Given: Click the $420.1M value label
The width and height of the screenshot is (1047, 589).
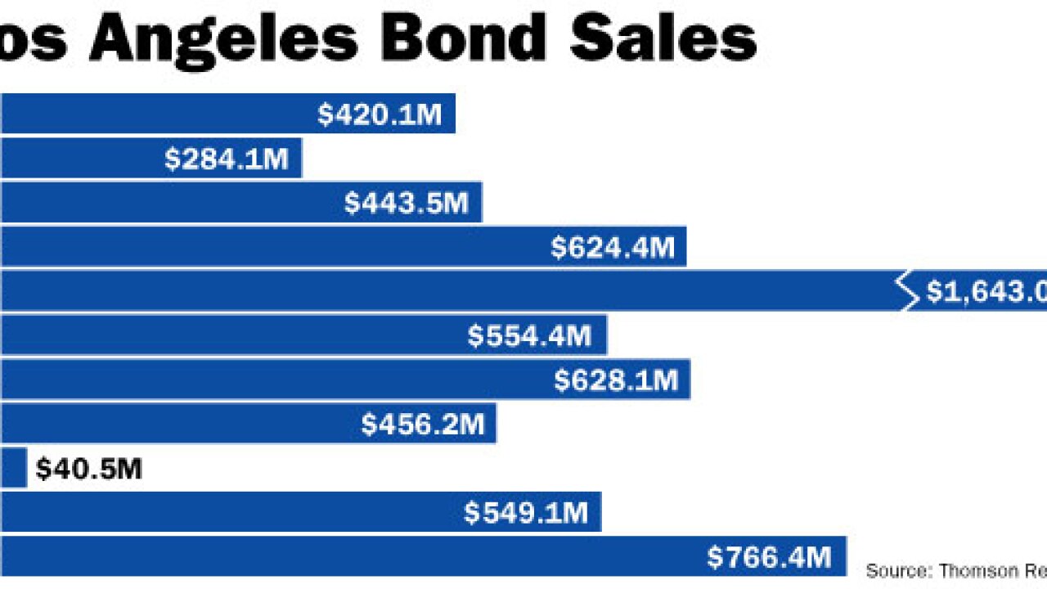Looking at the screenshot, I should pos(380,115).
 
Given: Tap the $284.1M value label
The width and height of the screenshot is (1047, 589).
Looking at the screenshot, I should pos(227,159).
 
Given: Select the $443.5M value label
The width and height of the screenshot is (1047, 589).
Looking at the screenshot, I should pos(407,203).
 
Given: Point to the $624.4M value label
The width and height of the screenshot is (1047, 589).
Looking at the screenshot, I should pos(613,248).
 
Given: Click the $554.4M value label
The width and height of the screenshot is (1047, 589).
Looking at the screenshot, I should pos(529,335).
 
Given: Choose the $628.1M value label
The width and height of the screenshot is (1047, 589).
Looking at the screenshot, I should pos(616,380).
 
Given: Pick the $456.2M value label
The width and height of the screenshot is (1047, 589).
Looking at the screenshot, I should pos(423,425).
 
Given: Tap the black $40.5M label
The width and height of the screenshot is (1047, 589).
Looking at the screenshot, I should pos(88,470).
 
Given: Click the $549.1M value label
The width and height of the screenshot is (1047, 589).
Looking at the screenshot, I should pos(526,513).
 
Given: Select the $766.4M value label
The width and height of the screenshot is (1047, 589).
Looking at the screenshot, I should pos(769,558).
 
